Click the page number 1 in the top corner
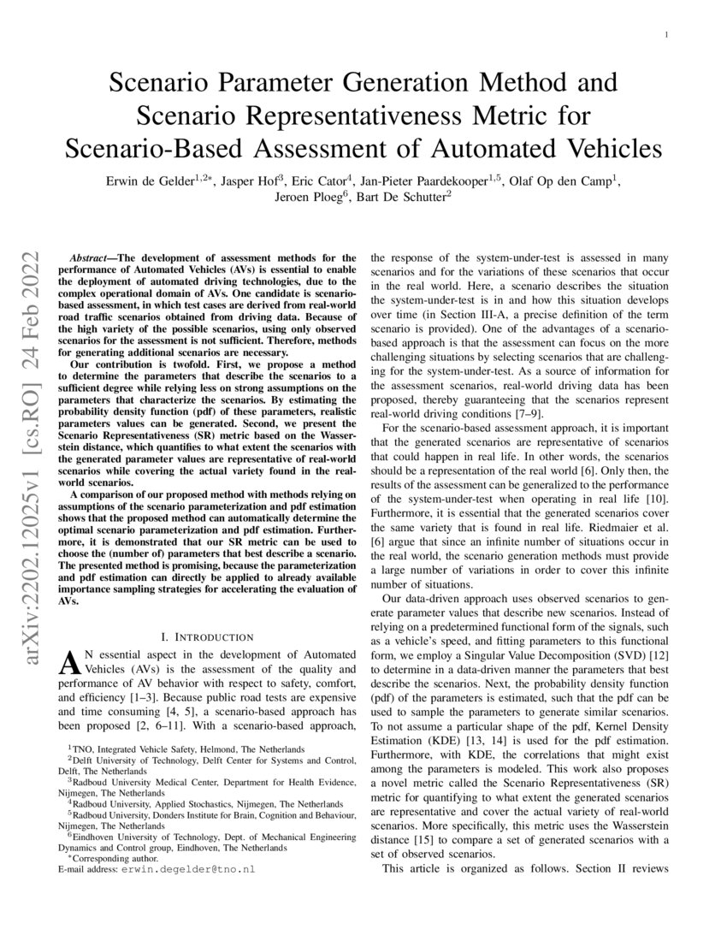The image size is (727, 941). pos(665,35)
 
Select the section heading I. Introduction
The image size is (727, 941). pos(207,637)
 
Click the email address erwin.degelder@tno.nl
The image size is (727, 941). pos(187,869)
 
